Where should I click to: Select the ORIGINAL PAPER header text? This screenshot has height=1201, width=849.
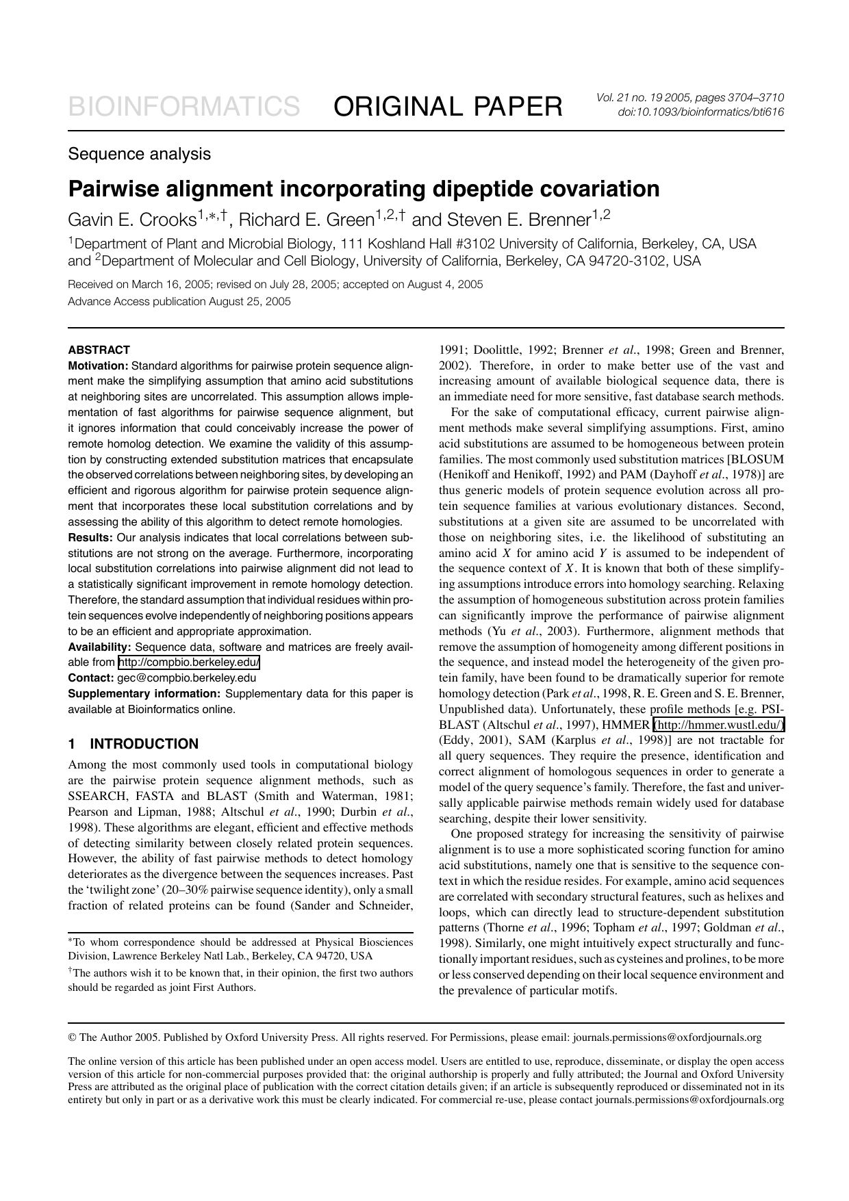coord(448,107)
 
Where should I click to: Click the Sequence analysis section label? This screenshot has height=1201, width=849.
coord(139,154)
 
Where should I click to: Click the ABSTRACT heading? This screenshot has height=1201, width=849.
coord(99,350)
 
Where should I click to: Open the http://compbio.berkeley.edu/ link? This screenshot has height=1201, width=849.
coord(189,662)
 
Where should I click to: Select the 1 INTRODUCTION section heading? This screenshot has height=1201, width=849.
coord(134,744)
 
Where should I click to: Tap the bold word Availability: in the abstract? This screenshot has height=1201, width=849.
coord(99,647)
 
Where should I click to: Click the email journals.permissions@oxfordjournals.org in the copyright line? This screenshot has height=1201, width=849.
coord(667,1037)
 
